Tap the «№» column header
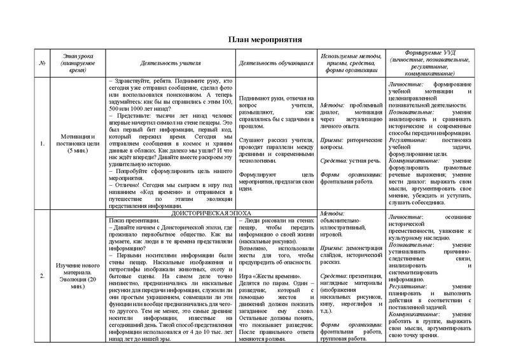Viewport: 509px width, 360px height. pos(43,64)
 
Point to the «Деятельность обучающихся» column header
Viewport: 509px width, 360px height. pos(275,64)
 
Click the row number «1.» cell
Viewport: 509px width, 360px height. pos(43,143)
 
